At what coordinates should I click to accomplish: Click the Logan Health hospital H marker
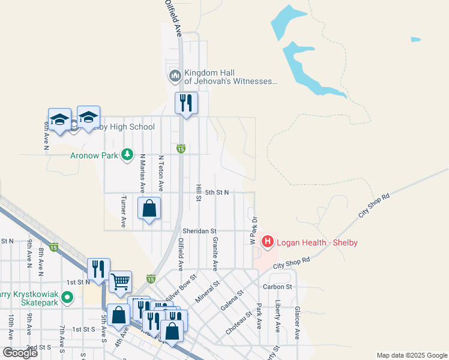pos(268,242)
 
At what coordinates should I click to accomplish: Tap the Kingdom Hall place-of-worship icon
pos(175,76)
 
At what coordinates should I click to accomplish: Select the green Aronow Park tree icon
pos(127,155)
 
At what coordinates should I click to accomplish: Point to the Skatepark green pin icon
pos(67,296)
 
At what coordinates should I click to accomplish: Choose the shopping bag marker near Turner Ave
pos(149,208)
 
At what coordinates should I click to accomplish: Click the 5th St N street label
pos(217,193)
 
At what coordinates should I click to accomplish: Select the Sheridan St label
pos(200,230)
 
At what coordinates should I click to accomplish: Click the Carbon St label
pos(277,287)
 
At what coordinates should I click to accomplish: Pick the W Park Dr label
pos(253,230)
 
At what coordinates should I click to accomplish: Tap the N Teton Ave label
pos(161,171)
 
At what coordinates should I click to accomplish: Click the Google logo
pos(20,353)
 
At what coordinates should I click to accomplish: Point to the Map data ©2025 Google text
pos(411,355)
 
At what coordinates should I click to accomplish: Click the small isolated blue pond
pos(416,40)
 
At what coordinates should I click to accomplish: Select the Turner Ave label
pos(124,211)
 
